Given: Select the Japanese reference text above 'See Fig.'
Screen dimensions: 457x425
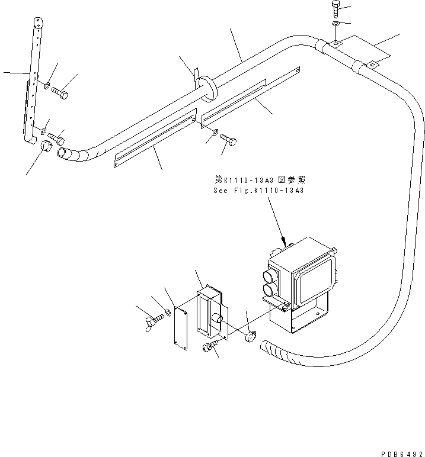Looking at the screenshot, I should coord(258,179).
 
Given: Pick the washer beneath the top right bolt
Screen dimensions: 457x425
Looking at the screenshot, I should coord(335,24).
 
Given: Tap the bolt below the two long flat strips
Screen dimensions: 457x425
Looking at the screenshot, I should coord(229,139).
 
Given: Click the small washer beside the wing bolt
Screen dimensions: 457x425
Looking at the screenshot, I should coord(169,313).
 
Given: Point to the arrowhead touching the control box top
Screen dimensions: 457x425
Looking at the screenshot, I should coord(286,243).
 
